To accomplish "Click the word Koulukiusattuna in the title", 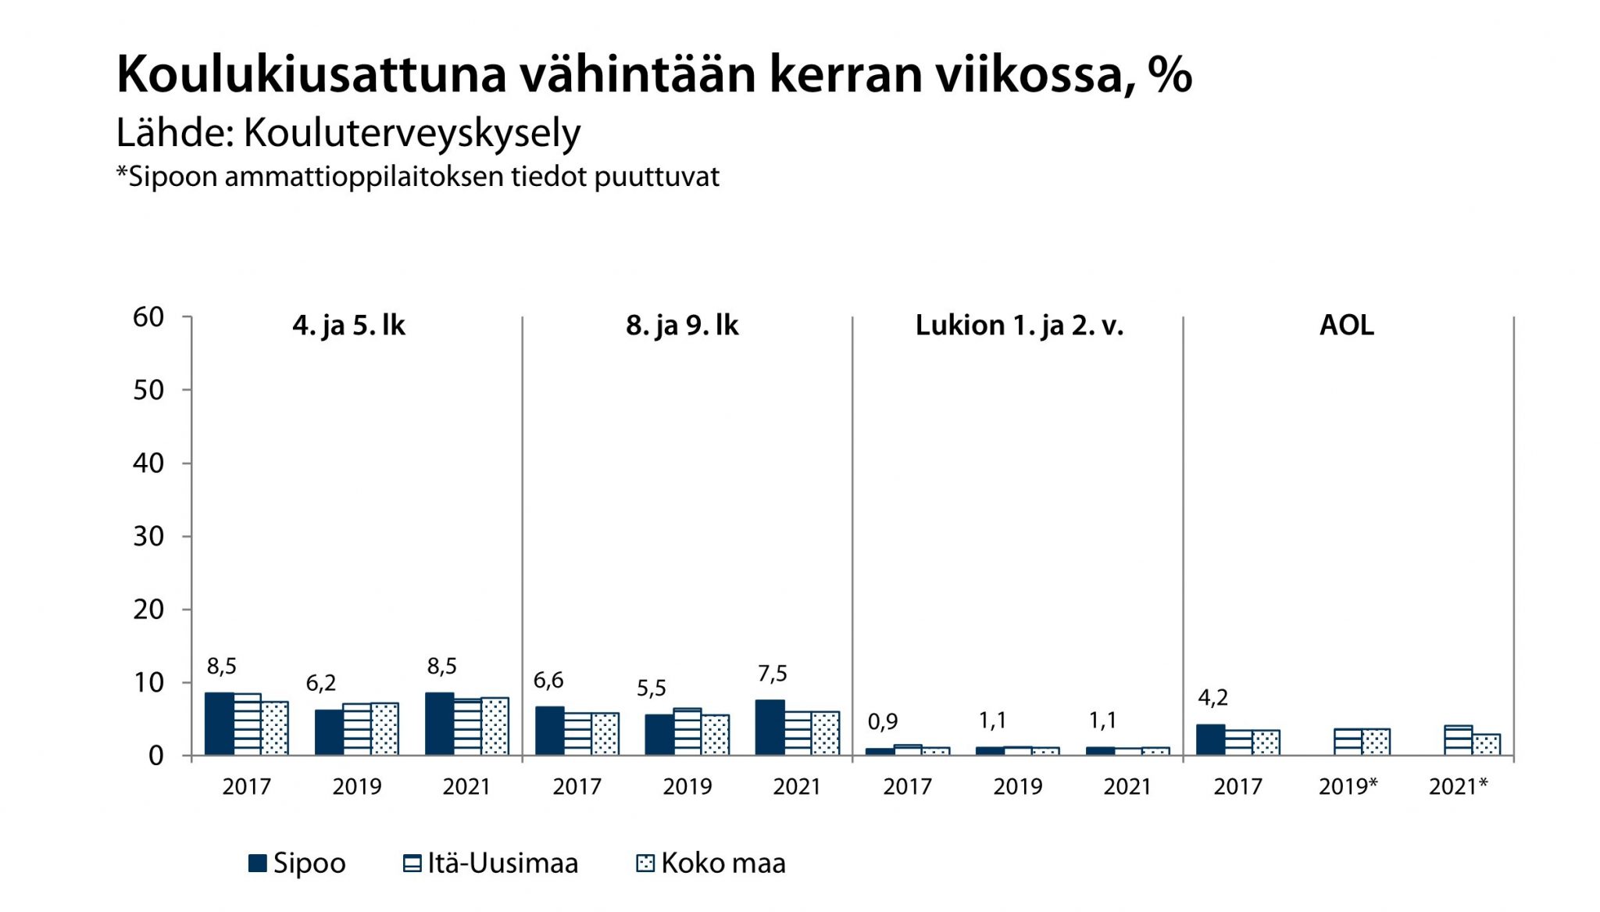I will [x=312, y=75].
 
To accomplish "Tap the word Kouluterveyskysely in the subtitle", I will [x=412, y=133].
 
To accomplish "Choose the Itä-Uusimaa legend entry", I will [x=491, y=863].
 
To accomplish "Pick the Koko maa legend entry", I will [x=712, y=863].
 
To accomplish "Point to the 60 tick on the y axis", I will [x=148, y=317].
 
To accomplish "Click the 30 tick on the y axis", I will [x=148, y=536].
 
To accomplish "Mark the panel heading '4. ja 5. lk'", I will [x=348, y=325].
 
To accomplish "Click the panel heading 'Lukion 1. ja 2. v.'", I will [x=1019, y=325].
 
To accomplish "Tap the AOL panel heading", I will [x=1346, y=325].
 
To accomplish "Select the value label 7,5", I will [x=772, y=673].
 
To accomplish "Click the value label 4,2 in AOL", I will [x=1212, y=697].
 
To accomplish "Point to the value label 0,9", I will [x=883, y=721].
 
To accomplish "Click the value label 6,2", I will [x=320, y=683].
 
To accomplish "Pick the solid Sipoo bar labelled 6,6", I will [x=549, y=731].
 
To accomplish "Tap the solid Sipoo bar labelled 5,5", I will [x=659, y=735].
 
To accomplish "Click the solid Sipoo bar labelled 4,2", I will [x=1210, y=739].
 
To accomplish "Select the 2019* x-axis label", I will [x=1348, y=786].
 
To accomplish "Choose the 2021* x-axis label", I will [x=1458, y=786].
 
